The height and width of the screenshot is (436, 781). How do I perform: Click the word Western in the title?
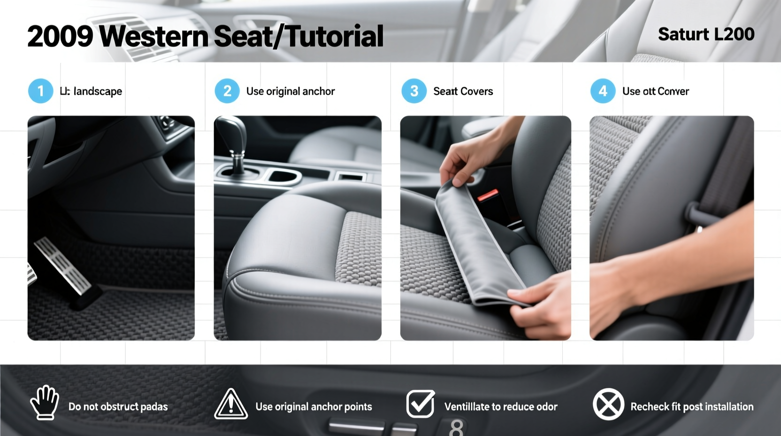click(153, 36)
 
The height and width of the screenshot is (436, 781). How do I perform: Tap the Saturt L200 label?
click(706, 34)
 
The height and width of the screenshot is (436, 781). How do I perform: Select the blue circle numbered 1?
click(40, 91)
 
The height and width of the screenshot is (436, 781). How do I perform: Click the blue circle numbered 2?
click(227, 91)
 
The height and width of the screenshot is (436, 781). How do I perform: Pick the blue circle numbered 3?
click(414, 91)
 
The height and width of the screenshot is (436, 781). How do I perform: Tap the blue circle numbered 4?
click(603, 91)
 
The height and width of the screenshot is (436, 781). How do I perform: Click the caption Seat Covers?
click(463, 91)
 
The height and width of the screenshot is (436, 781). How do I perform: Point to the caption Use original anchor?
click(290, 91)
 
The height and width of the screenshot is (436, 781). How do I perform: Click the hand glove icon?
click(45, 403)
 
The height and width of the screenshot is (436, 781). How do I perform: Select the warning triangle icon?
click(231, 405)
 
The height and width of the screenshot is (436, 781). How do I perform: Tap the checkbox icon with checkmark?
click(420, 404)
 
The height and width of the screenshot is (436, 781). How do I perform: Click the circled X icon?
click(608, 404)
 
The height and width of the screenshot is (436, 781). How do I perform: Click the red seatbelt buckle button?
click(488, 195)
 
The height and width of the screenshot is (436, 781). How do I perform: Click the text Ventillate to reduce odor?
click(501, 406)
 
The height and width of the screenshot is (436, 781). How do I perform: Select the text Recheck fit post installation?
click(691, 406)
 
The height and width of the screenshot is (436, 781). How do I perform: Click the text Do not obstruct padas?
click(118, 406)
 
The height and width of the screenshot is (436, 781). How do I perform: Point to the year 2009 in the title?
click(60, 36)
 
